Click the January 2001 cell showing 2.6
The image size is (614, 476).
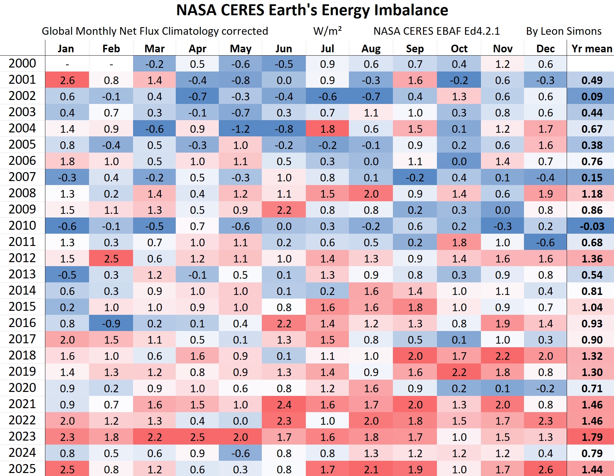tap(67, 80)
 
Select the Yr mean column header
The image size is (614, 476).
tap(591, 49)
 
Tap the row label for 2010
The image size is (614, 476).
tap(22, 226)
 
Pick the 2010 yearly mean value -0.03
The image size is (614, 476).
tap(591, 226)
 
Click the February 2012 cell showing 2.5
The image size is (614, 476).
tap(111, 259)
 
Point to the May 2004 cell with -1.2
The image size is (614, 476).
tap(240, 129)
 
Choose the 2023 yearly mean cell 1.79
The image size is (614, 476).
tap(591, 437)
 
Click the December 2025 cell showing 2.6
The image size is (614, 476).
tap(545, 469)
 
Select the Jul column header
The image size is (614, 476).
tap(327, 49)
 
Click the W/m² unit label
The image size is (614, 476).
tap(327, 31)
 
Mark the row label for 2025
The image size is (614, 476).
tap(22, 469)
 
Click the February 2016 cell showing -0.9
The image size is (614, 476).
tap(111, 324)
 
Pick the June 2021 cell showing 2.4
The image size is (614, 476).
tap(284, 405)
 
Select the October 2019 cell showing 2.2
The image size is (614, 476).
tap(459, 372)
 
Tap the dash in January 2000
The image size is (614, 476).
tap(67, 64)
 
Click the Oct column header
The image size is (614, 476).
tap(459, 49)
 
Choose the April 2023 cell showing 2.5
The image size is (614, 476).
tap(197, 437)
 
